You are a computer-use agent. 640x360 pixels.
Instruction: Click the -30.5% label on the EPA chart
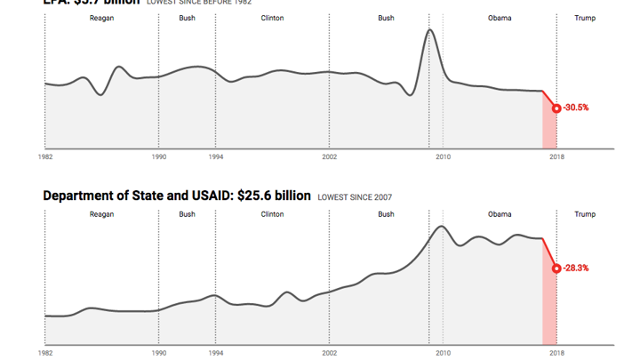click(576, 108)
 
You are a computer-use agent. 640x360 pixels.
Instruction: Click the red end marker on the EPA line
click(556, 108)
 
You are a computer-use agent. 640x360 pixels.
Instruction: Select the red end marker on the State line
click(556, 268)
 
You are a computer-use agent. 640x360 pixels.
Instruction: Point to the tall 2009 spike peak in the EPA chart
click(429, 31)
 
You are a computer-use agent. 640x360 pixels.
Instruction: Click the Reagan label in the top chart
click(101, 18)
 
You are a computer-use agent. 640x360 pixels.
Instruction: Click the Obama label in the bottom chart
click(500, 214)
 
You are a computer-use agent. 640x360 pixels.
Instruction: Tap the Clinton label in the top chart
click(273, 18)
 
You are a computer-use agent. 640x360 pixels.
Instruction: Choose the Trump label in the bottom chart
click(585, 214)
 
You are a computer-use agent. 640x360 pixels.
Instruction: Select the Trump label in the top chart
click(585, 18)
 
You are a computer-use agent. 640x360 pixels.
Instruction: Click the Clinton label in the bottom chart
click(273, 214)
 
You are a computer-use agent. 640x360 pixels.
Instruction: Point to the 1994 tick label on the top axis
click(215, 156)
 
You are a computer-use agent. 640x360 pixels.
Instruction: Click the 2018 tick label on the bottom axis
click(556, 353)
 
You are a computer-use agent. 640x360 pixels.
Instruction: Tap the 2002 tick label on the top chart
click(329, 156)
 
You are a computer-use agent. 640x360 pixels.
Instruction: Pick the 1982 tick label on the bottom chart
click(44, 353)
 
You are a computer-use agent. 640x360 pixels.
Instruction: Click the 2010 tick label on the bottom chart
click(443, 353)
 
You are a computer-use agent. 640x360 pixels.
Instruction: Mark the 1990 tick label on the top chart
click(158, 156)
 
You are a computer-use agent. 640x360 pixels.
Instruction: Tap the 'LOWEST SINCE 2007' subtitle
click(355, 196)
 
